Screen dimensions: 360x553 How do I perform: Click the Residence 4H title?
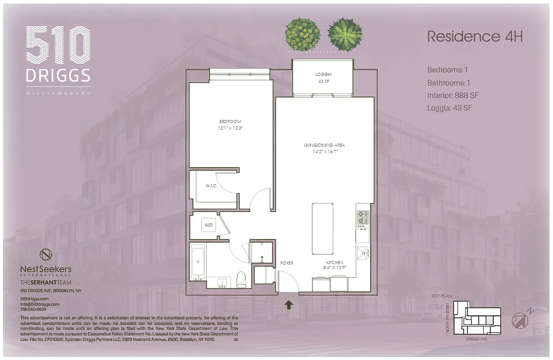475,37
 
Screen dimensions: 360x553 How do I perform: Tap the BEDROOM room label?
230,121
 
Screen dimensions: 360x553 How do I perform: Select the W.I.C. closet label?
212,186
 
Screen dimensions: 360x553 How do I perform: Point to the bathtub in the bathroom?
198,262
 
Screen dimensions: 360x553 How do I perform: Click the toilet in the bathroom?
241,279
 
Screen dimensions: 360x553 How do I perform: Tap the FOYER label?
287,263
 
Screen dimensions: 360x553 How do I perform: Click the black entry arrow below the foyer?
289,306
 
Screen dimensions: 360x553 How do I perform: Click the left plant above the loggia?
303,34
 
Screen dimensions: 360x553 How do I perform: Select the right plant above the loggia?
345,34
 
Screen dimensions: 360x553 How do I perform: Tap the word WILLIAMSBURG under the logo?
58,94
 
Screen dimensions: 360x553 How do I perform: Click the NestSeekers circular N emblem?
46,254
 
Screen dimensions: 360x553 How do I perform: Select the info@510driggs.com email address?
40,304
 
